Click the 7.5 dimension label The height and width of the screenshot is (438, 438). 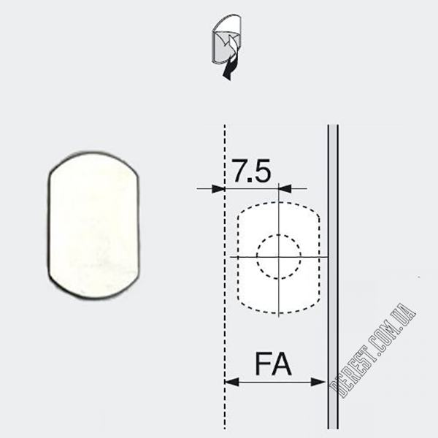coord(252,170)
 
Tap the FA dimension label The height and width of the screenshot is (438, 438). coord(273,364)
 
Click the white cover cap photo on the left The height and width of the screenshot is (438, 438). coord(93,226)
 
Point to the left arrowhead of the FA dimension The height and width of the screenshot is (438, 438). coord(232,382)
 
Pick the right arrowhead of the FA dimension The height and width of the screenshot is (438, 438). coord(318,382)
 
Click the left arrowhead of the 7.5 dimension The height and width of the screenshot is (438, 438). coord(218,189)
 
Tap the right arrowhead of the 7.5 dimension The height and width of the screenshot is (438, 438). coord(285,188)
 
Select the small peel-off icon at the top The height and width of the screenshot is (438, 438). coord(227,47)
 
